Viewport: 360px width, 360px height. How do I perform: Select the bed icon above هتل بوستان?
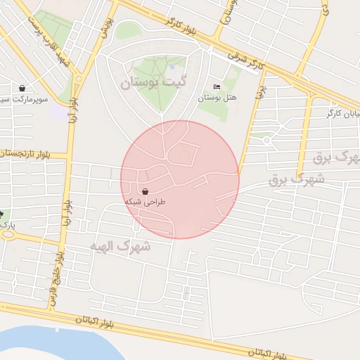pyautogui.click(x=216, y=86)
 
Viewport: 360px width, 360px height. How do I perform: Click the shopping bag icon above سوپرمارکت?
pyautogui.click(x=24, y=89)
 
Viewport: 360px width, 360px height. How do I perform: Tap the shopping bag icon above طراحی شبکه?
pyautogui.click(x=145, y=191)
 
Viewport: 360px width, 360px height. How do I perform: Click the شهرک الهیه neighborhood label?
pyautogui.click(x=120, y=246)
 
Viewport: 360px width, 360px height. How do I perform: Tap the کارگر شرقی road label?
pyautogui.click(x=246, y=59)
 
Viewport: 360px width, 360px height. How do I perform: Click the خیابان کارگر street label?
pyautogui.click(x=344, y=112)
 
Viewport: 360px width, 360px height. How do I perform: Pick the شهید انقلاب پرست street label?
pyautogui.click(x=49, y=39)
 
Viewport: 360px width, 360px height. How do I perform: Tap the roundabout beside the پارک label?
pyautogui.click(x=8, y=235)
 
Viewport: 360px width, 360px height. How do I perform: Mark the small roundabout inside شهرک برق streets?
pyautogui.click(x=266, y=139)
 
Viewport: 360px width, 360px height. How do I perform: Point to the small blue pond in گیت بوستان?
pyautogui.click(x=172, y=67)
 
